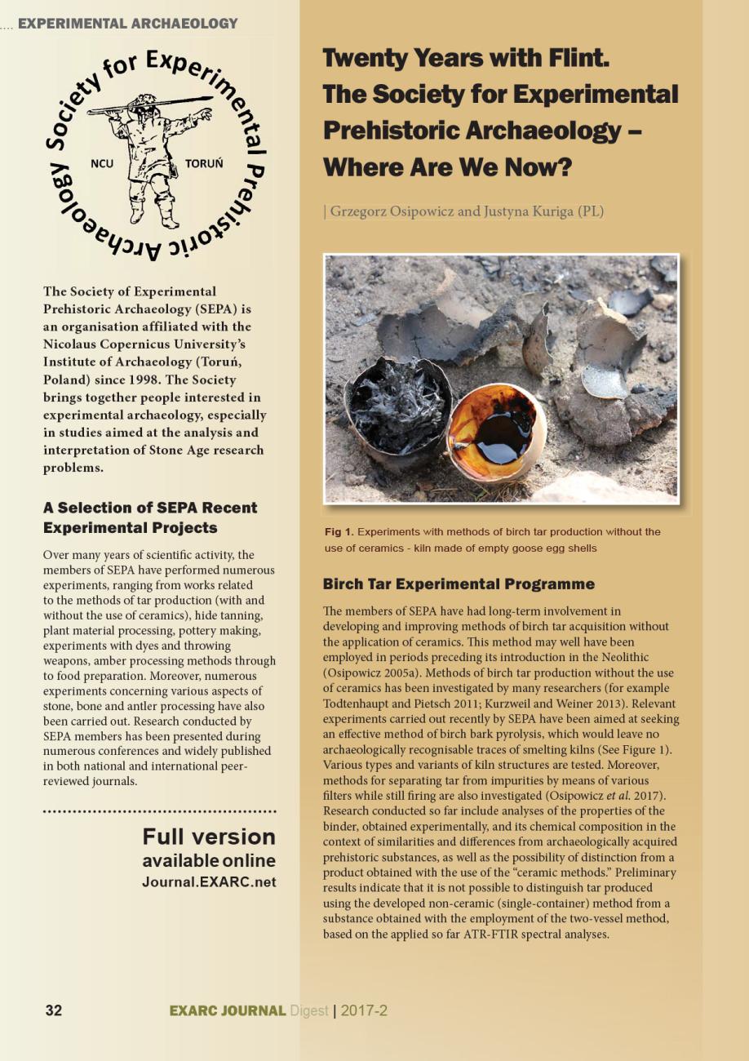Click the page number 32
coord(53,1010)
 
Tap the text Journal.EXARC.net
coord(209,882)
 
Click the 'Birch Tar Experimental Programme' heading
coord(459,584)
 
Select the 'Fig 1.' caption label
coord(339,532)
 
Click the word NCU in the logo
coord(102,163)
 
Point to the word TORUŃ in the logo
coord(204,163)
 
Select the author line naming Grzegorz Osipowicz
coord(463,211)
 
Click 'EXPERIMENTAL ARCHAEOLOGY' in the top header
coord(128,24)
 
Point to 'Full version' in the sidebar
coord(209,837)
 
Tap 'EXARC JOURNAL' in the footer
coord(228,1010)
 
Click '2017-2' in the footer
coord(364,1010)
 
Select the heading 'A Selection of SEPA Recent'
coord(149,508)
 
